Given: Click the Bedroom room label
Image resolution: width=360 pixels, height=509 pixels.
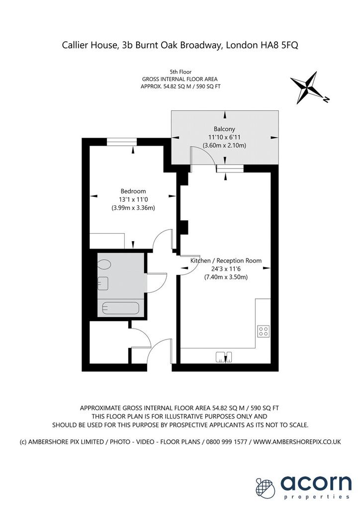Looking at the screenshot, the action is [x=133, y=191].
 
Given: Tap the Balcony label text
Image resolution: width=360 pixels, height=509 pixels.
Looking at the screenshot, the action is [x=224, y=129].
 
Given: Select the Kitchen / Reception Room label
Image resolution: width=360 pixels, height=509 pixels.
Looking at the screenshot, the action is [x=226, y=260].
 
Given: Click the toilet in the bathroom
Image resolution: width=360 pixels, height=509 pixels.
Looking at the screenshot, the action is [x=104, y=264].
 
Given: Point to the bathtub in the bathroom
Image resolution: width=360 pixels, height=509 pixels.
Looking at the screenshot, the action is [x=121, y=308].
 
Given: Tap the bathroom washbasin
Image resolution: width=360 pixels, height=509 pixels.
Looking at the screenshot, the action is [x=103, y=283].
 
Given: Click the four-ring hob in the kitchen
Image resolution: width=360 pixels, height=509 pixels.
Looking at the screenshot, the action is [x=263, y=331].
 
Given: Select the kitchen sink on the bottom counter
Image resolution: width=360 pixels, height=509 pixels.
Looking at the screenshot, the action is [x=224, y=357].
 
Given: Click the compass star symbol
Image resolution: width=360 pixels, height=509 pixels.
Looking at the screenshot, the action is [x=307, y=87].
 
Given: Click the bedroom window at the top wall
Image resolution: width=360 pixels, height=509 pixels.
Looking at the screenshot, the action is [x=122, y=142].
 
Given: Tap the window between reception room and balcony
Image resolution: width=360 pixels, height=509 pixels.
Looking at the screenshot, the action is [x=230, y=169].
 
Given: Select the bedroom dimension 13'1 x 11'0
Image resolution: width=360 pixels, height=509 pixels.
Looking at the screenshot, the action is [x=133, y=200].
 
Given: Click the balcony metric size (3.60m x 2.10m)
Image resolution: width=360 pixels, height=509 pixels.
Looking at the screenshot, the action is [x=224, y=146].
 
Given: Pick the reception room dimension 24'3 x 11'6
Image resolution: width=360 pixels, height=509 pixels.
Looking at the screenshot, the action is [x=226, y=269].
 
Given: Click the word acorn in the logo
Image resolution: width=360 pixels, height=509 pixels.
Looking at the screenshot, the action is [x=316, y=483].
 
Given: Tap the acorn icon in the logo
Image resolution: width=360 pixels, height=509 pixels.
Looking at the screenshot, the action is [x=266, y=487].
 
